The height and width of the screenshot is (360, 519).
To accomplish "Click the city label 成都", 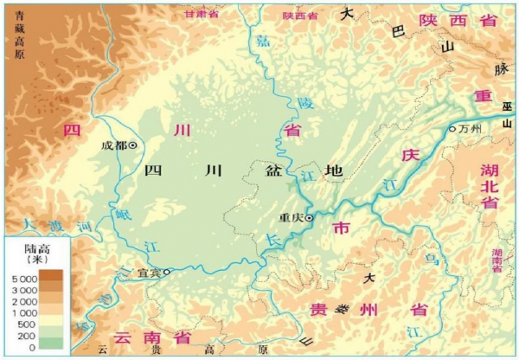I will pyautogui.click(x=113, y=145).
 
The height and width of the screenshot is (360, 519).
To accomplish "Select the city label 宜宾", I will pyautogui.click(x=150, y=273).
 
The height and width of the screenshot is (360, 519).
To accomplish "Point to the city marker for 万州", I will pyautogui.click(x=452, y=129).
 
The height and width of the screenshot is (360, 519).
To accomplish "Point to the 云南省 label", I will pyautogui.click(x=143, y=336).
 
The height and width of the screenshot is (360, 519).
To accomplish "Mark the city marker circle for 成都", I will pyautogui.click(x=133, y=145).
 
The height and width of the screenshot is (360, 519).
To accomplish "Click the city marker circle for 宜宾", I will pyautogui.click(x=167, y=272).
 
